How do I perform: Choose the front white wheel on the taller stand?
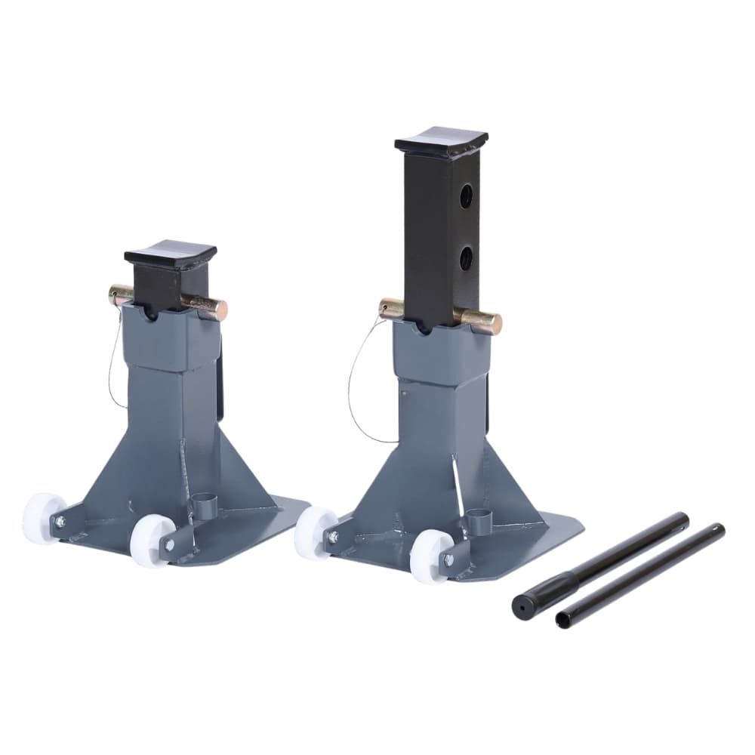(429, 556)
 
